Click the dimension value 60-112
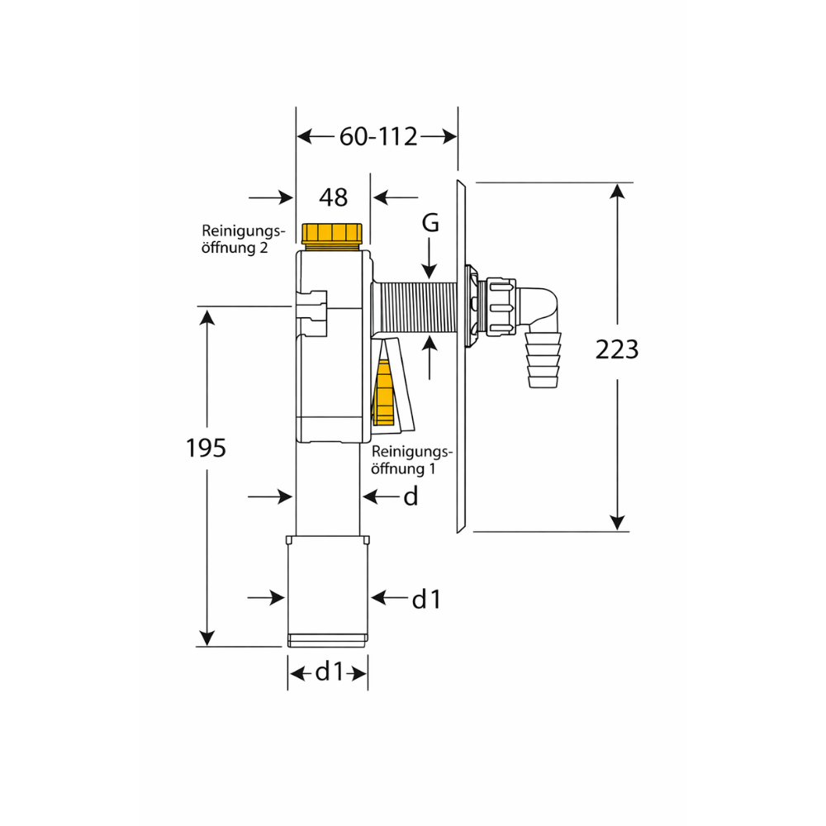tap(378, 136)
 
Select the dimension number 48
tap(334, 197)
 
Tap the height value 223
tap(617, 349)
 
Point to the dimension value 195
tap(206, 449)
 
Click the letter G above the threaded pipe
tap(430, 223)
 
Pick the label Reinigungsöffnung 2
tap(244, 240)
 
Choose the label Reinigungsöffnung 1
tap(412, 460)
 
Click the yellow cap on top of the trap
tap(332, 234)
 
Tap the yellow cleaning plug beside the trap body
tap(383, 392)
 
